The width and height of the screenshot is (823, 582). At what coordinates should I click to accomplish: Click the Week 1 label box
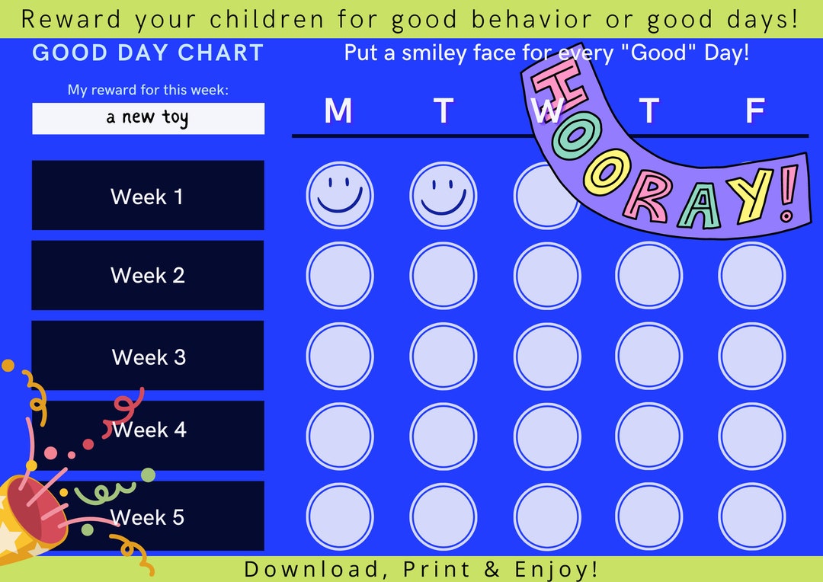coord(148,196)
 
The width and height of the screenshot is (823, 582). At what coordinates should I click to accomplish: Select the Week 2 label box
coord(148,275)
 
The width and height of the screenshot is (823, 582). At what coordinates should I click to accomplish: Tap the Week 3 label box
coord(148,356)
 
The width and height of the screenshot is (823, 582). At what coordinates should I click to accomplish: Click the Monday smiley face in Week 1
coord(340,196)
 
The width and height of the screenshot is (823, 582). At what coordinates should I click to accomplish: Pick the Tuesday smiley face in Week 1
coord(444,196)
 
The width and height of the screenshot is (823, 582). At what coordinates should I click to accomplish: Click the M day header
coord(338,111)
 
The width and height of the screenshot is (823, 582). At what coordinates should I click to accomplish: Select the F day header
coord(754,111)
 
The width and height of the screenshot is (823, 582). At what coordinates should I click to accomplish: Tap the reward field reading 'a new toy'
coord(148,118)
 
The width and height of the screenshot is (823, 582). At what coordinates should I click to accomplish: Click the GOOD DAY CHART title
coord(148,53)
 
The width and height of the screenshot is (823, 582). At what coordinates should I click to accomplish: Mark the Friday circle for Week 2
coord(752,275)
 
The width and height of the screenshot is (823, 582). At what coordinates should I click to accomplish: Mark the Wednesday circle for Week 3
coord(546,356)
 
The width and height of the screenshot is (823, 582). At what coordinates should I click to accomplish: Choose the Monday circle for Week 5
coord(340,516)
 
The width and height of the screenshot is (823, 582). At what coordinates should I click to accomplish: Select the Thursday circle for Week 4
coord(649,436)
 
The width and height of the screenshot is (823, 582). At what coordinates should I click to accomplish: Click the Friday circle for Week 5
coord(752,516)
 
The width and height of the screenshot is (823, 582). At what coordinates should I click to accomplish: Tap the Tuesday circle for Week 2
coord(444,275)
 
